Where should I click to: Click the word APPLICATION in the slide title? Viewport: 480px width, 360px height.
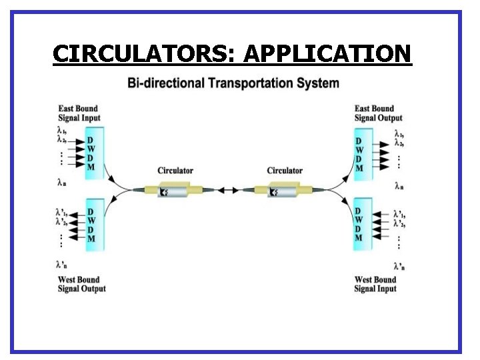(327, 53)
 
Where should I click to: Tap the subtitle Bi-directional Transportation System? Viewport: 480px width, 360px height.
(233, 83)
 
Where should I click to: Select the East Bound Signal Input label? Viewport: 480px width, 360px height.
(78, 113)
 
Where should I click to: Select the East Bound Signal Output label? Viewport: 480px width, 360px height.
(378, 113)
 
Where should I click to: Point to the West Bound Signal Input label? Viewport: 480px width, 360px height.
(375, 285)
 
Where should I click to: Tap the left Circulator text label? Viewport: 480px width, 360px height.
(175, 171)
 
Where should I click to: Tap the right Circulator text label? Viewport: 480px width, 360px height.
(285, 171)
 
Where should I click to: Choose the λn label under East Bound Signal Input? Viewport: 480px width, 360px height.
(61, 181)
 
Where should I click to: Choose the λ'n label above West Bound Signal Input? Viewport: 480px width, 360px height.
(399, 265)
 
